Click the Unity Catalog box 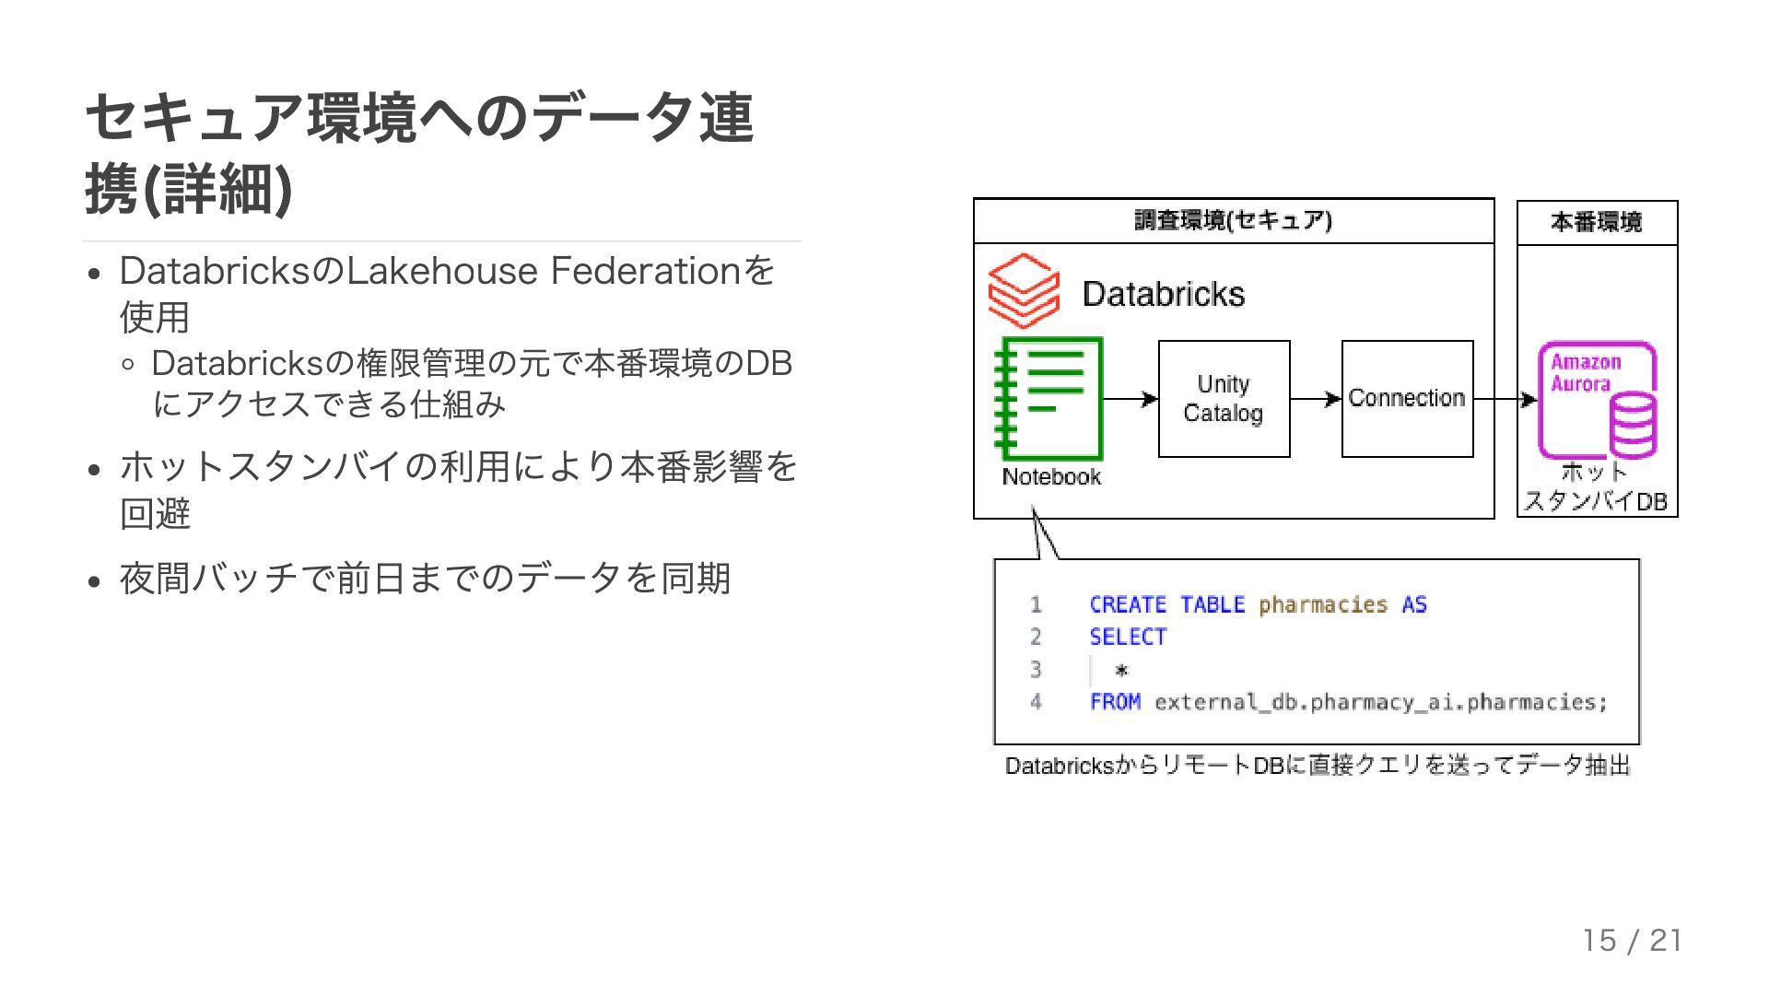[1224, 399]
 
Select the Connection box [1407, 399]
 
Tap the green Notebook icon [1049, 399]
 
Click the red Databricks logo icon [1023, 290]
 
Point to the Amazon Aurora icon [1598, 400]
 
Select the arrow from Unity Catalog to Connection [1316, 399]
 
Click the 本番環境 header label [1597, 222]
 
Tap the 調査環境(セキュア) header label [1233, 221]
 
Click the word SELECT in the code [1128, 637]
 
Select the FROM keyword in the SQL [1115, 702]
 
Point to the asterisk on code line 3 [1121, 670]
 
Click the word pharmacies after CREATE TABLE [1323, 604]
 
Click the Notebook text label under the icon [1051, 477]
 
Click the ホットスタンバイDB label [1596, 487]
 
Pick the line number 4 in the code [1036, 702]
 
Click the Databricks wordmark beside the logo [1163, 294]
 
